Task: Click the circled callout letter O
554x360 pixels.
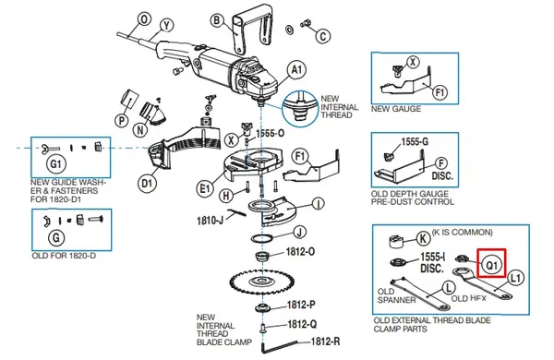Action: [x=143, y=18]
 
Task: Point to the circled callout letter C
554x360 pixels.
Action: [x=323, y=37]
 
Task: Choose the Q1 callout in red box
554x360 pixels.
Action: [x=492, y=264]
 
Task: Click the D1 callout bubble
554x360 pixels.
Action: [x=147, y=183]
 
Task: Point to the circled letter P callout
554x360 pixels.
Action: [x=121, y=119]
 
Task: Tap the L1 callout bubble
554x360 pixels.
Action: [x=515, y=276]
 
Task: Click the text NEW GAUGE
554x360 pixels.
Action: [x=395, y=109]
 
